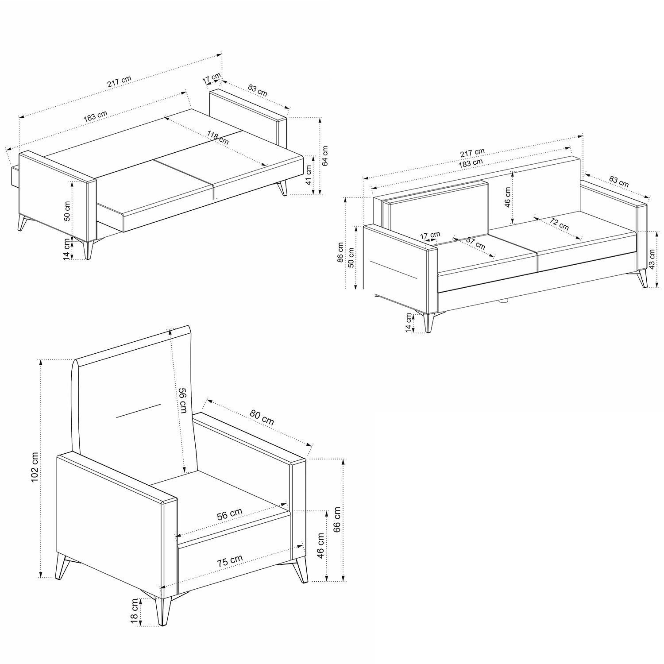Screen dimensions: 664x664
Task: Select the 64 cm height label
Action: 326,155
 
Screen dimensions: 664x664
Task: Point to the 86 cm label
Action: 340,253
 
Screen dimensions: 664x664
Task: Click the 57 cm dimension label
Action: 476,243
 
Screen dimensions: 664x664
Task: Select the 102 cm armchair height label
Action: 36,468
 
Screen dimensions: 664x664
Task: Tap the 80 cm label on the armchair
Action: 262,417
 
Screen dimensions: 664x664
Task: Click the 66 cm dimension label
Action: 337,520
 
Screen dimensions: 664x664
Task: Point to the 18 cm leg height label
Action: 135,612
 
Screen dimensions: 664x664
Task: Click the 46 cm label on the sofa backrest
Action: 507,197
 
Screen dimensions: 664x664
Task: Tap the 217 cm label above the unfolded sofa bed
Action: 119,82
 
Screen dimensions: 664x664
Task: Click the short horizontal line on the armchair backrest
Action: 138,410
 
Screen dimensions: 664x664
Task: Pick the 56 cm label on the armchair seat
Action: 230,515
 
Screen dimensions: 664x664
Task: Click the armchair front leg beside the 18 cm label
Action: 166,610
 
